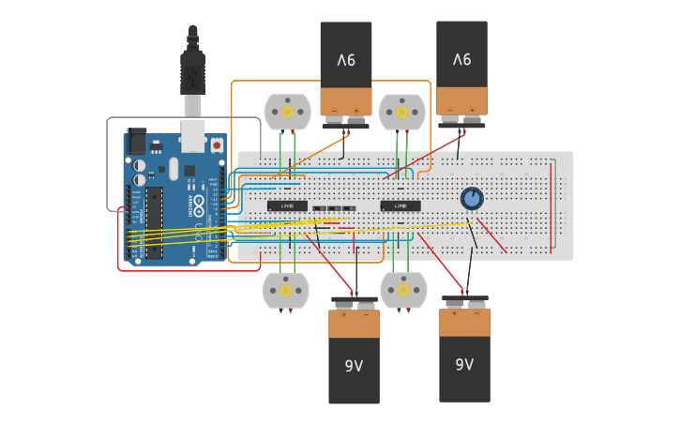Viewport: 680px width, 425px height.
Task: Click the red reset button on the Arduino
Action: [217, 145]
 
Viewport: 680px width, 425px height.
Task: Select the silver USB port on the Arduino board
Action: [192, 137]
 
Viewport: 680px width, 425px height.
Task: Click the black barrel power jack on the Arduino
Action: [136, 142]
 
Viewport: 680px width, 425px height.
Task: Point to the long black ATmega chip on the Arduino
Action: [154, 222]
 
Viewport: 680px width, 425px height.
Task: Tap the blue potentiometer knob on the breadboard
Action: [472, 198]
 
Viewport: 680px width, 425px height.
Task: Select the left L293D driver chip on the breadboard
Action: [287, 205]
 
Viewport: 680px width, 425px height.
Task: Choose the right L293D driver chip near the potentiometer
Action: [400, 205]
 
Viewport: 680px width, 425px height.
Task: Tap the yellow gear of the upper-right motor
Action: [401, 112]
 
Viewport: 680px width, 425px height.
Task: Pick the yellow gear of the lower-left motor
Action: [286, 290]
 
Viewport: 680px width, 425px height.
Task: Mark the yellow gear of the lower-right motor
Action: [403, 290]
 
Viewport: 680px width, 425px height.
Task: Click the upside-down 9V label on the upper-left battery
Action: [346, 60]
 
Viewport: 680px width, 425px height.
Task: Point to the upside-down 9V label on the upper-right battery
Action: [461, 59]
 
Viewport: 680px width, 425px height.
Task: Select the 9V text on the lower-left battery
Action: [354, 366]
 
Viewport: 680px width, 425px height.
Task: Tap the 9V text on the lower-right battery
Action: [464, 364]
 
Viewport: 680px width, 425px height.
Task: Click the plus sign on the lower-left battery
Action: [343, 315]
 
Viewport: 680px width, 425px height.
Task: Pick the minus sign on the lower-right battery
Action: [476, 314]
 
